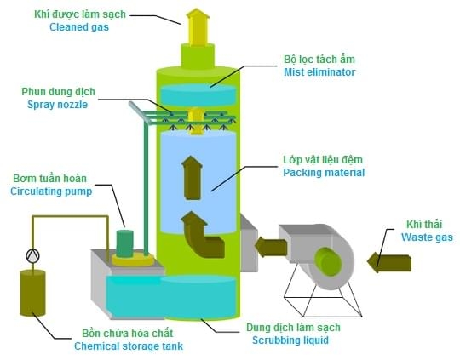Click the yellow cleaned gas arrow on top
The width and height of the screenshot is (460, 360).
(198, 27)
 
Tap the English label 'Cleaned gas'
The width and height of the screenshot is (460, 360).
(79, 27)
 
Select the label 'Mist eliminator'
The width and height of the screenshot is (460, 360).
(319, 72)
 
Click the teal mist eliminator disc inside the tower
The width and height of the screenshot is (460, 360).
(198, 94)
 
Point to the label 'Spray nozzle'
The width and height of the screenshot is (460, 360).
(58, 105)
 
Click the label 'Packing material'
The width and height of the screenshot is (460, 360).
(324, 173)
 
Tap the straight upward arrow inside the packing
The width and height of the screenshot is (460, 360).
(192, 178)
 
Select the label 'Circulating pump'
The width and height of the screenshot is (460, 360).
(51, 191)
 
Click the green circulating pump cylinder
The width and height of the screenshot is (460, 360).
(124, 243)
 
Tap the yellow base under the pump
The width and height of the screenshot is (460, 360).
(133, 260)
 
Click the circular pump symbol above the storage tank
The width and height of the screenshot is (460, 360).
(32, 256)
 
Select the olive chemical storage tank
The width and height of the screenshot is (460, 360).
(32, 293)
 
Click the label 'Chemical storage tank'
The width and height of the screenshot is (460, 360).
(129, 346)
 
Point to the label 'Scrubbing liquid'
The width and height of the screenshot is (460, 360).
(290, 340)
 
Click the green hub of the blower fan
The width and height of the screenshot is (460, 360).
(328, 261)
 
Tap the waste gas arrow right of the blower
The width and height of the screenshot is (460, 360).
(389, 263)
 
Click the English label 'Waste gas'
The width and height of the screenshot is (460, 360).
(427, 237)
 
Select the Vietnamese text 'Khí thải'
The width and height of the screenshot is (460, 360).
(424, 225)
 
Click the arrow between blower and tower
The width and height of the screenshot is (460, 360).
(271, 247)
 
